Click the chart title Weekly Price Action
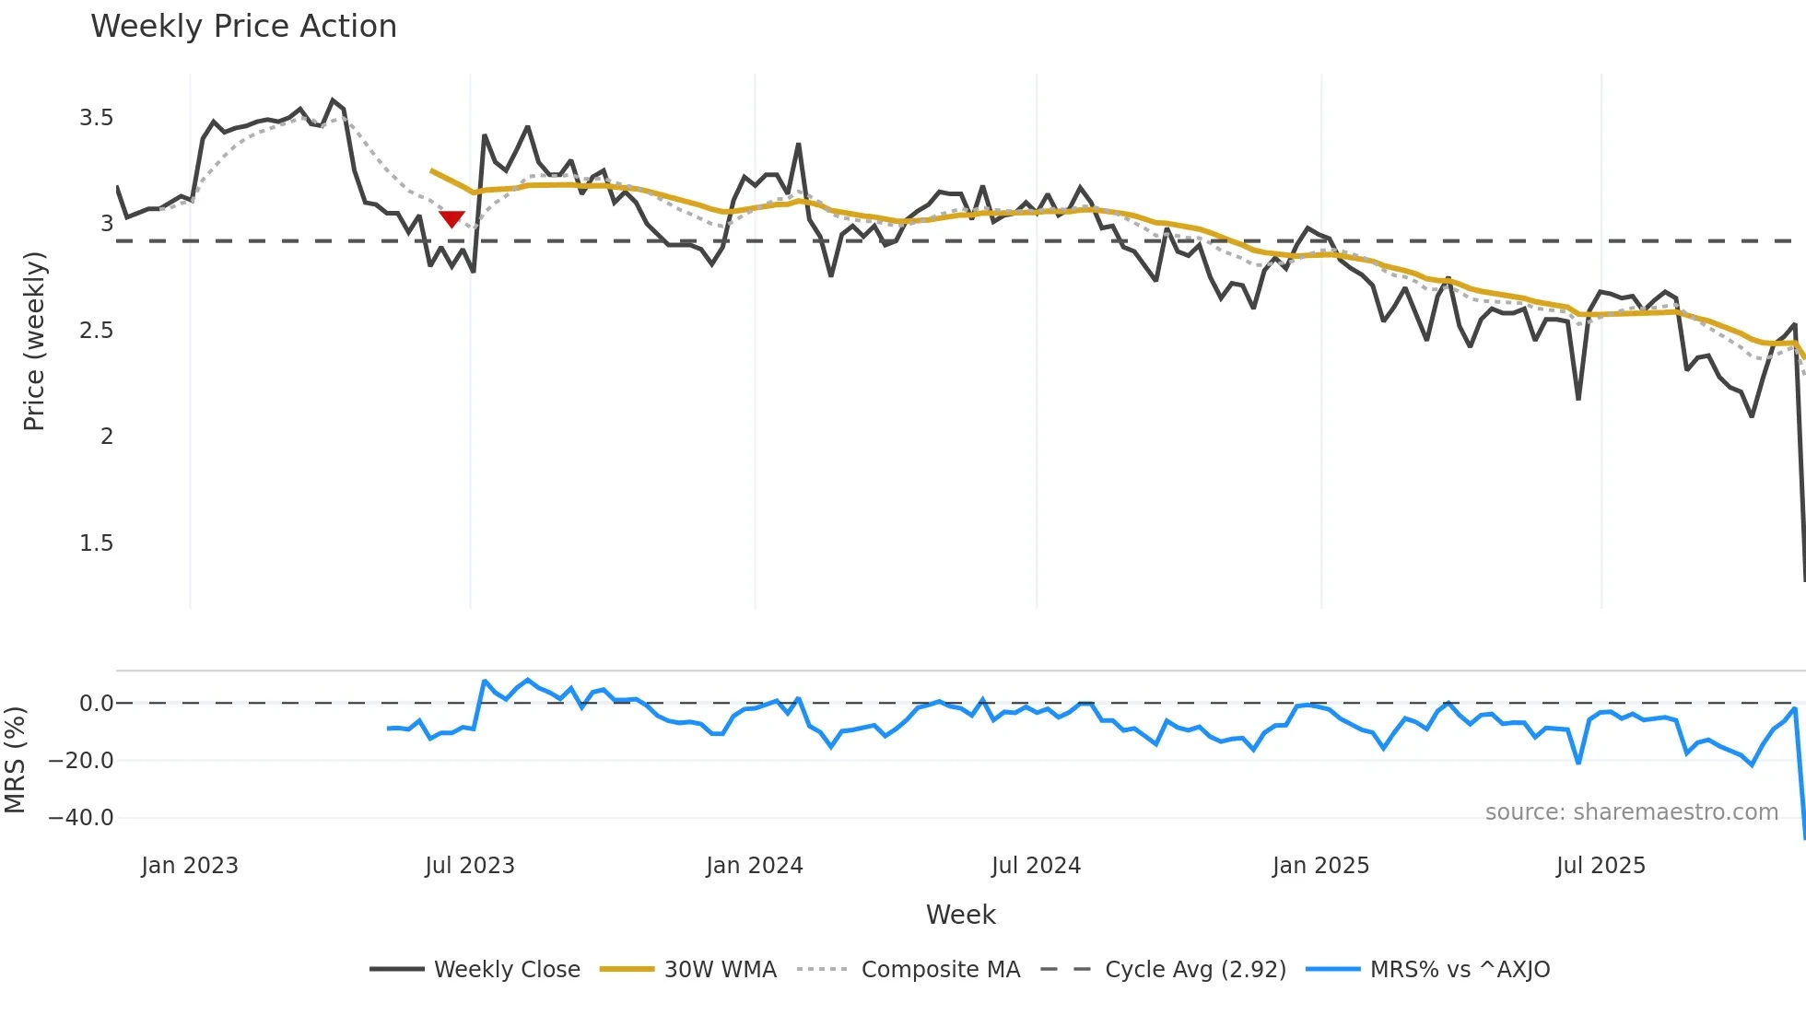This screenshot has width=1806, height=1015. pos(243,27)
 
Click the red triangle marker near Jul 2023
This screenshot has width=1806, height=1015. pos(451,219)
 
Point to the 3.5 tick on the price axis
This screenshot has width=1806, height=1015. pos(96,118)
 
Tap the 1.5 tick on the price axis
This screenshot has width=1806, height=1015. pos(96,543)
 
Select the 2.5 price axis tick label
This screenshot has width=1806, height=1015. pos(96,331)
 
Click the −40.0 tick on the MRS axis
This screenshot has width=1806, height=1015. pos(81,818)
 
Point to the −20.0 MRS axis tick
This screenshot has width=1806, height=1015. pos(81,761)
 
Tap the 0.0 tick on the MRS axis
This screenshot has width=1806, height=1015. pos(96,704)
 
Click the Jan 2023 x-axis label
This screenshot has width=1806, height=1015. pos(190,866)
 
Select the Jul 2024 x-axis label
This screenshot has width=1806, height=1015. pos(1036,866)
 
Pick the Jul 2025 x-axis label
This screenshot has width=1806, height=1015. pos(1601,866)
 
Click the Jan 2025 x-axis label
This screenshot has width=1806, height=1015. pos(1320,866)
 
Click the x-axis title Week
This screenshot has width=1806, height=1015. pos(960,915)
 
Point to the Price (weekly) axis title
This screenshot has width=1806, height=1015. pos(34,341)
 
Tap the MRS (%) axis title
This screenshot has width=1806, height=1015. pos(16,760)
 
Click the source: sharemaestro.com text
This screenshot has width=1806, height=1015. pos(1631,812)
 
